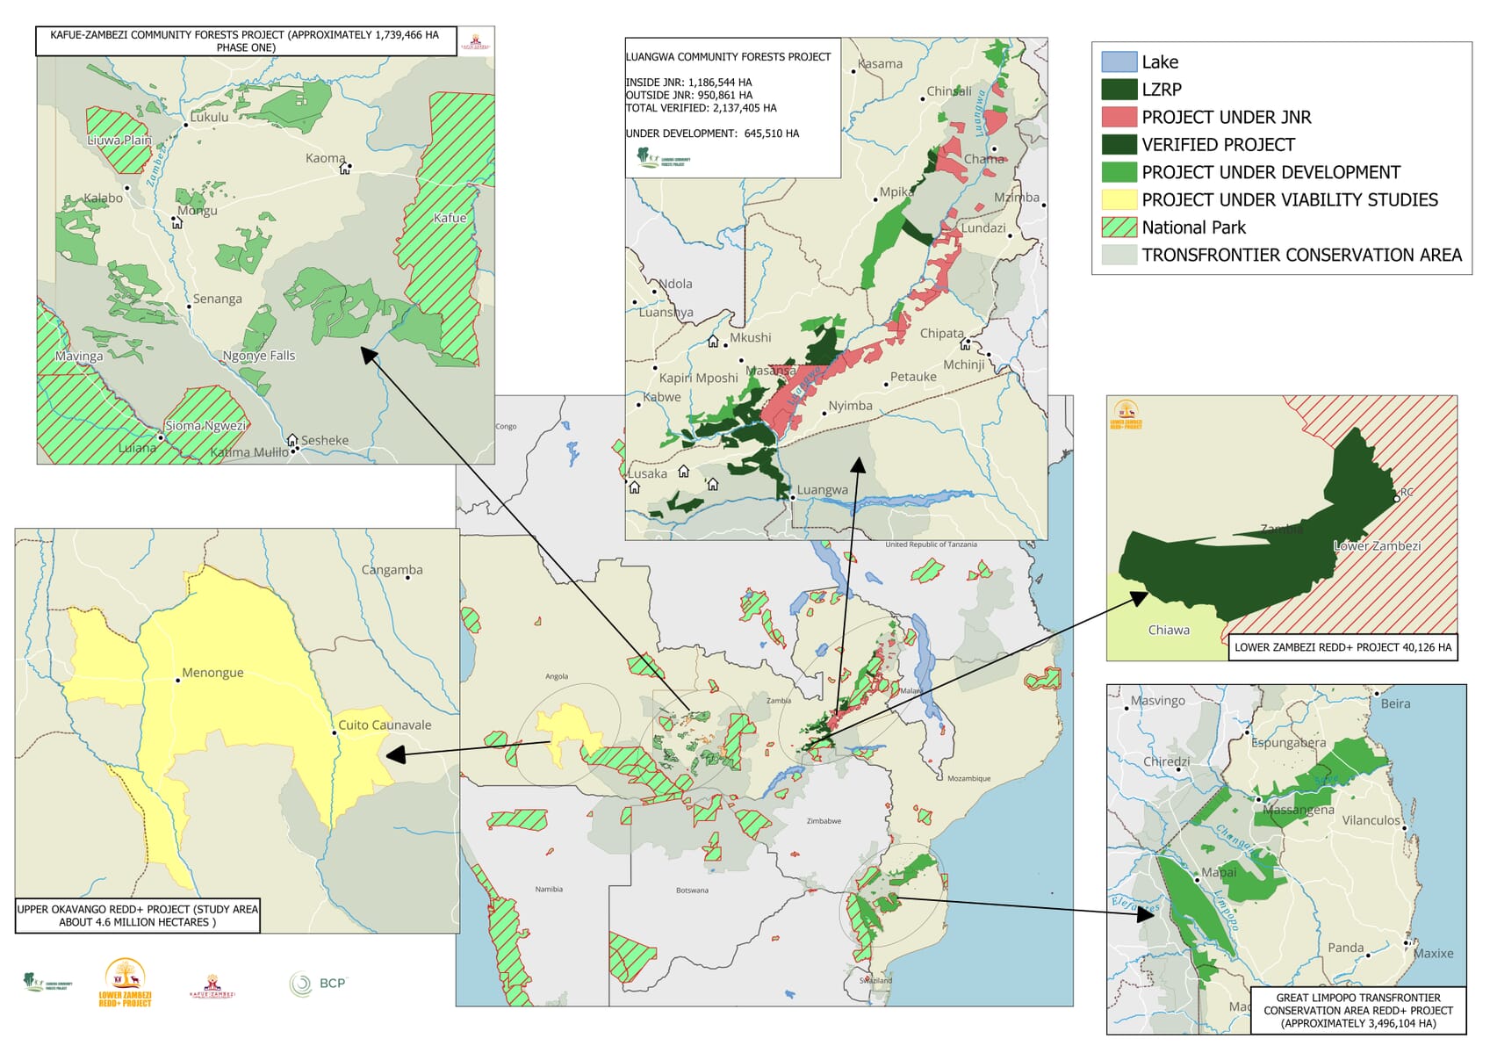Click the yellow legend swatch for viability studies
(1119, 199)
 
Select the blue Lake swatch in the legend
(1119, 61)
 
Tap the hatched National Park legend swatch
(1119, 227)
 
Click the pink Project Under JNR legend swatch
(1119, 117)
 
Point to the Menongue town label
(212, 673)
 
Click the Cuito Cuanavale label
(385, 725)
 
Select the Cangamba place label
(392, 570)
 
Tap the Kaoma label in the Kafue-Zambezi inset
(325, 158)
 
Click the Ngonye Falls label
(259, 356)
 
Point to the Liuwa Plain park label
(119, 140)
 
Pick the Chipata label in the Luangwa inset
(941, 334)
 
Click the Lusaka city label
(648, 473)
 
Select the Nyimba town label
(850, 406)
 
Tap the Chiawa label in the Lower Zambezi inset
(1169, 630)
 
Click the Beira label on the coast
(1395, 703)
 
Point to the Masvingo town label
(1157, 701)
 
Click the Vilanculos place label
(1371, 820)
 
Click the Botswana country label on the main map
(692, 891)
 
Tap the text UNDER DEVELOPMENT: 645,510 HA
(712, 133)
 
